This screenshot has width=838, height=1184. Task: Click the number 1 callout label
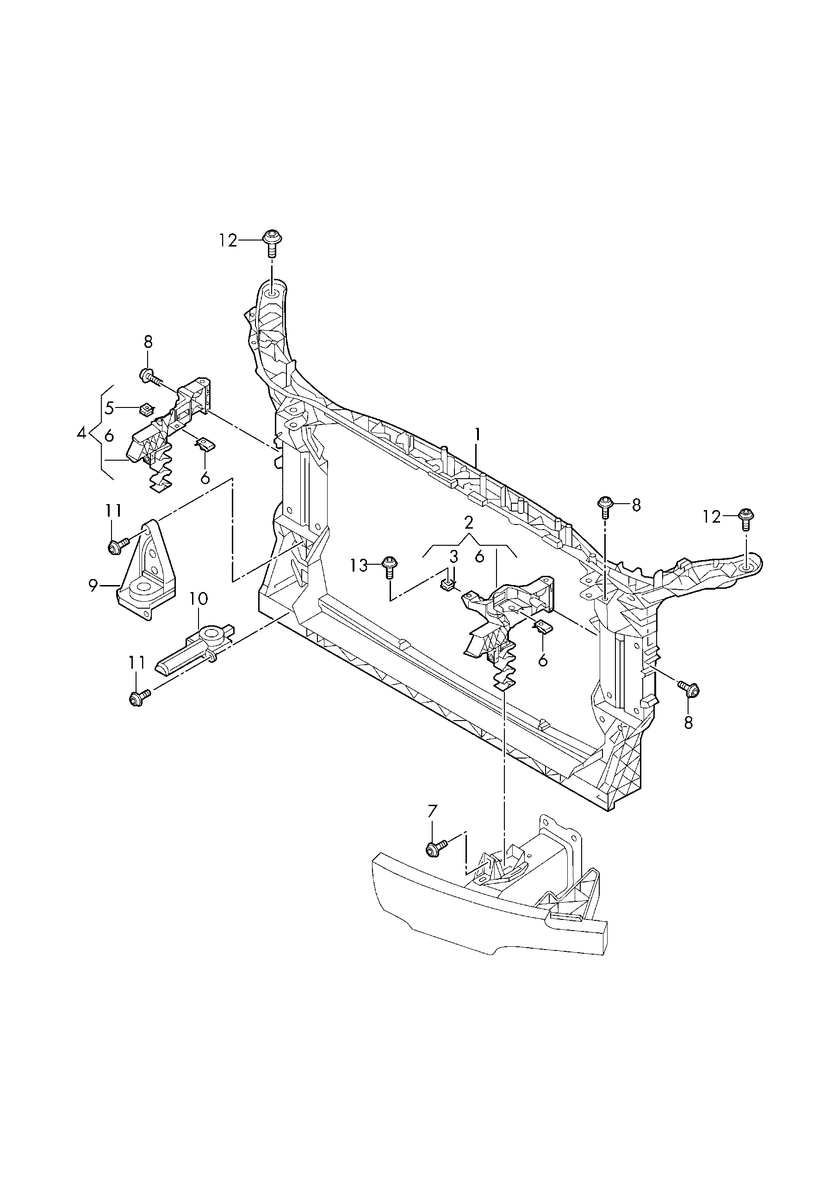pyautogui.click(x=478, y=435)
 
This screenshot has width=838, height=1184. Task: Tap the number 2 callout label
pyautogui.click(x=469, y=523)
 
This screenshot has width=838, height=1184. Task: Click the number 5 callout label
pyautogui.click(x=109, y=408)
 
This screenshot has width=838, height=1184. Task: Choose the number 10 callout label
pyautogui.click(x=199, y=599)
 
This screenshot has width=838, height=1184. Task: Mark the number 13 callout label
pyautogui.click(x=359, y=566)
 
